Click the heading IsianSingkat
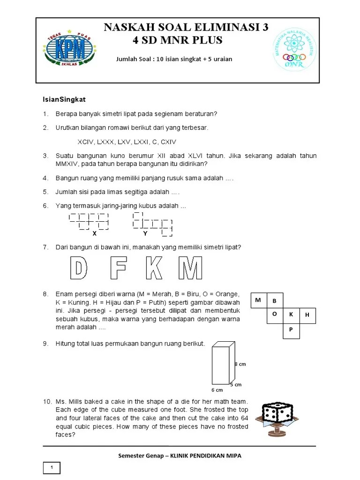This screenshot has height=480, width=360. pyautogui.click(x=64, y=100)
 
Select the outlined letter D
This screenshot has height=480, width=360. pyautogui.click(x=79, y=269)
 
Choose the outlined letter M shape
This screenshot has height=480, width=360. pyautogui.click(x=190, y=269)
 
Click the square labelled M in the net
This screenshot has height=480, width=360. pyautogui.click(x=259, y=300)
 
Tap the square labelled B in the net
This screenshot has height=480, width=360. pyautogui.click(x=275, y=300)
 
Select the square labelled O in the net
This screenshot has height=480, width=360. pyautogui.click(x=275, y=315)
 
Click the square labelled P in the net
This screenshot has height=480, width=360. pyautogui.click(x=291, y=330)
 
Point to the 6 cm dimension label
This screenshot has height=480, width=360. pyautogui.click(x=217, y=390)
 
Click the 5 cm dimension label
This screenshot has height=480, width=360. pyautogui.click(x=236, y=384)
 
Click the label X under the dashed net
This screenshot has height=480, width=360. pyautogui.click(x=94, y=233)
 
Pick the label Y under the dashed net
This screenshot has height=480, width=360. pyautogui.click(x=145, y=233)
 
